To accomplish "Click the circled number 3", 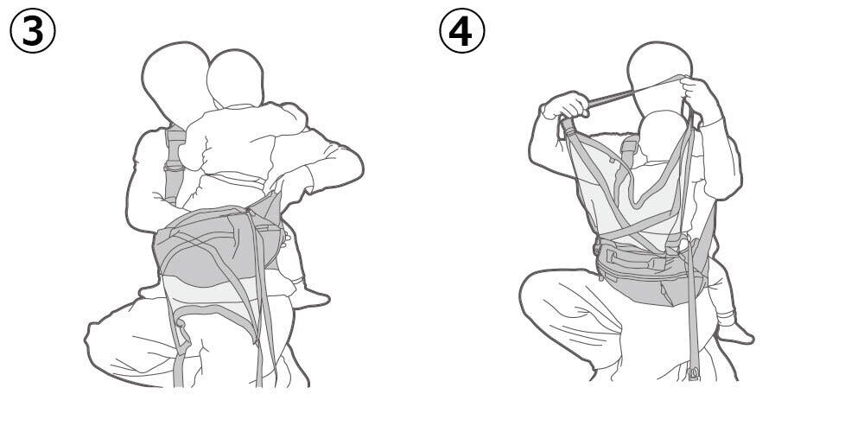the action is point(33,31).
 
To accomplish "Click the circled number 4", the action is point(461,31).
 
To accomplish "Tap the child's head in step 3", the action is point(235,78).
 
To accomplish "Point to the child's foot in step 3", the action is point(310,298).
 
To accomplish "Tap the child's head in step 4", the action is point(664,137).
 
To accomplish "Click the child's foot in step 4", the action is point(735,333).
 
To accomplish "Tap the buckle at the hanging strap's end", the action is point(694,373).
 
